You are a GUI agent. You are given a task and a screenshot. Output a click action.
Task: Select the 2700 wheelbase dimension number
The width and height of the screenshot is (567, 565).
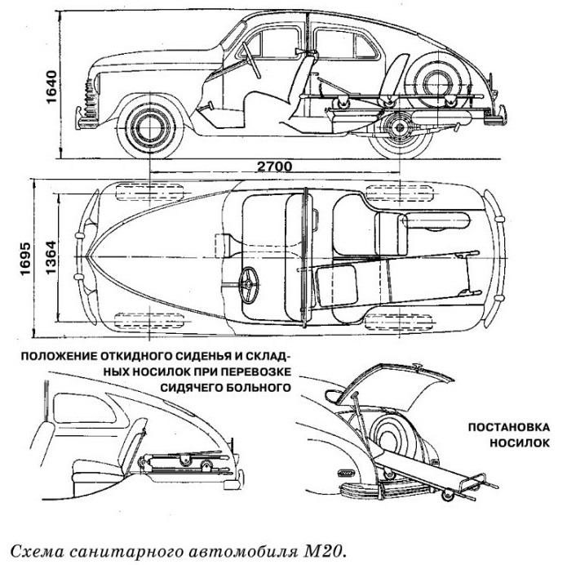click(x=274, y=167)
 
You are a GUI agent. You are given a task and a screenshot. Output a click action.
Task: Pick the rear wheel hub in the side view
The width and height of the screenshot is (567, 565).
click(x=400, y=127)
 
